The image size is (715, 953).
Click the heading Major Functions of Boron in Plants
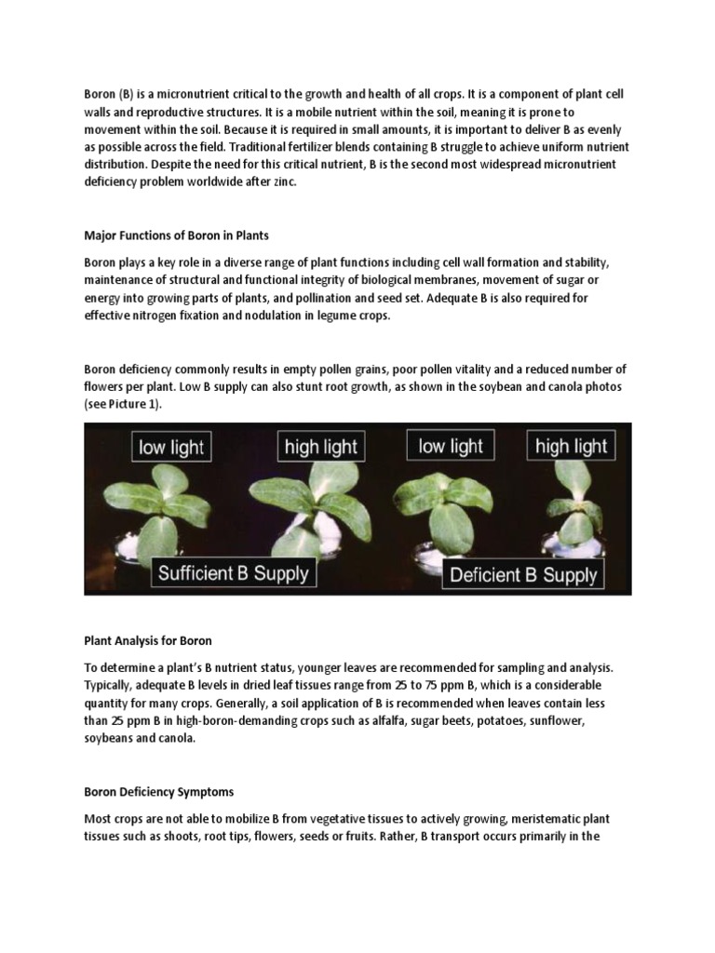point(176,235)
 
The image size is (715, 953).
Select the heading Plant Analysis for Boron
point(148,640)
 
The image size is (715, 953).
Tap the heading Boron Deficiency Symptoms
point(158,792)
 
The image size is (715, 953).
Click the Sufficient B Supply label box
point(233,572)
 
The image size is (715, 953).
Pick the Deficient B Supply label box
point(523,574)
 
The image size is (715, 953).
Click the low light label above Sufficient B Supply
point(170,447)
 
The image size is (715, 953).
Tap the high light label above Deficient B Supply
point(571,446)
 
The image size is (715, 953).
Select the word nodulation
point(288,315)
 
